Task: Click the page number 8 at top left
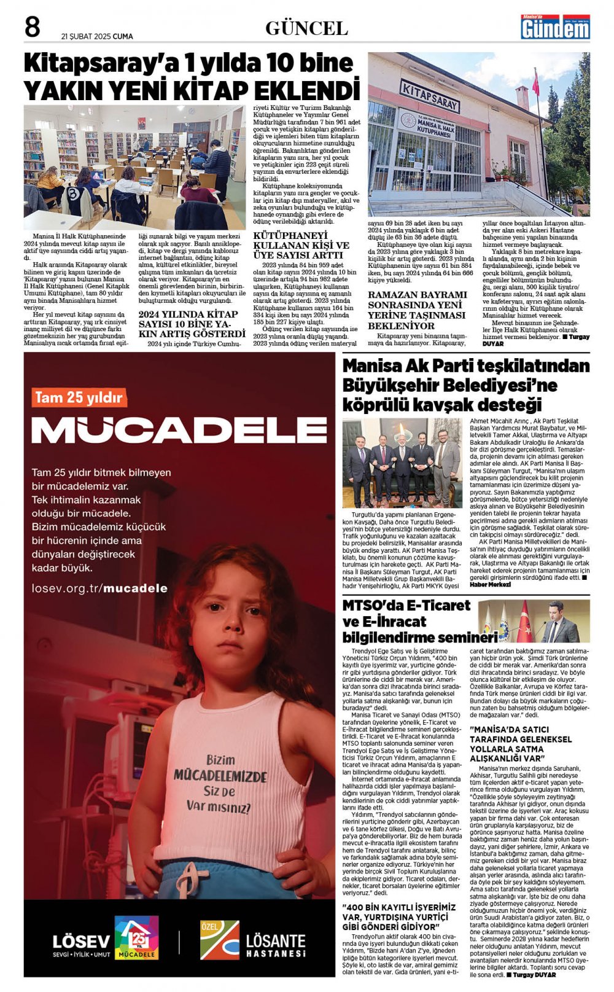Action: click(x=32, y=28)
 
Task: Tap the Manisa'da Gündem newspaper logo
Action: click(x=555, y=27)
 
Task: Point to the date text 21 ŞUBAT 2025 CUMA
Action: click(x=97, y=36)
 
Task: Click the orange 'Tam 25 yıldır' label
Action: click(x=78, y=397)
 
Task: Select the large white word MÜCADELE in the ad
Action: click(x=179, y=430)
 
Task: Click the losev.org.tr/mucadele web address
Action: click(x=99, y=588)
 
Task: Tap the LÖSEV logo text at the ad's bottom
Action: click(x=81, y=941)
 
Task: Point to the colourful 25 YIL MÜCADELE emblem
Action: click(x=137, y=937)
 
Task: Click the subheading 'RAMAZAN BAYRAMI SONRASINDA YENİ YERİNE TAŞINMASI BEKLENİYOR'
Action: click(x=417, y=310)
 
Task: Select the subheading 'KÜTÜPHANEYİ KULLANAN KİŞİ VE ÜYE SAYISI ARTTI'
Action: click(x=301, y=245)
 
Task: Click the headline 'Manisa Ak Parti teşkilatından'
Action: click(x=465, y=367)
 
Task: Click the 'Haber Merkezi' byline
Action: click(x=490, y=584)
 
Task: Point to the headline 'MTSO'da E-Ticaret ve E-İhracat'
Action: click(x=406, y=612)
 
